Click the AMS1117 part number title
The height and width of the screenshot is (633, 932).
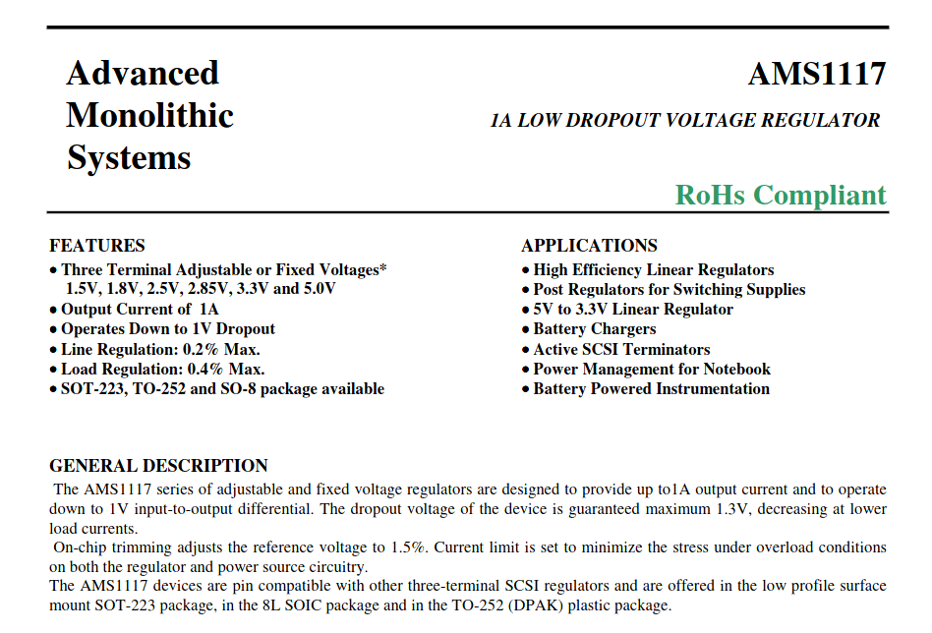click(x=816, y=75)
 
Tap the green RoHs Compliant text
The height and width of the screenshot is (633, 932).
click(x=781, y=195)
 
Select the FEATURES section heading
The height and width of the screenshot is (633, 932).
click(x=97, y=246)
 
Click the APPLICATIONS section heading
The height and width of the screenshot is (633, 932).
click(x=589, y=246)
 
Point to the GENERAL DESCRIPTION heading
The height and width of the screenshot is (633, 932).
click(x=158, y=466)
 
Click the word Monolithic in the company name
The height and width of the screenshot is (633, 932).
click(x=149, y=116)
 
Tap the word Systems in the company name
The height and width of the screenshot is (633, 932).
click(x=129, y=158)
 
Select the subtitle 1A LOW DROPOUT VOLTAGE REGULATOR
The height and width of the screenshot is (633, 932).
click(x=685, y=121)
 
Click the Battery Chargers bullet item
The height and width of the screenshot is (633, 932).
click(x=594, y=329)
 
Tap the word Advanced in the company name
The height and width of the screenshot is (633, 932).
click(x=143, y=74)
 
